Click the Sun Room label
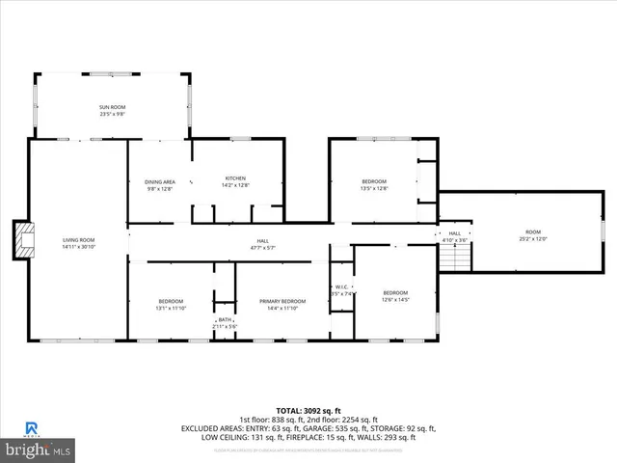(112, 107)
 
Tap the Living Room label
(79, 239)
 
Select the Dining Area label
(160, 181)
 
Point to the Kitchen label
(236, 178)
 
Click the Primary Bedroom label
(282, 302)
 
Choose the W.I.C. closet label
(342, 286)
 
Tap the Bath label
(225, 320)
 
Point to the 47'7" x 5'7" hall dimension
(263, 248)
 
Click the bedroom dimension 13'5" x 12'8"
(374, 189)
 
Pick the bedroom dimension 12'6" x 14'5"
(396, 300)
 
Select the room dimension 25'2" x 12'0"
(533, 238)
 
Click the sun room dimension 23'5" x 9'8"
(112, 114)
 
